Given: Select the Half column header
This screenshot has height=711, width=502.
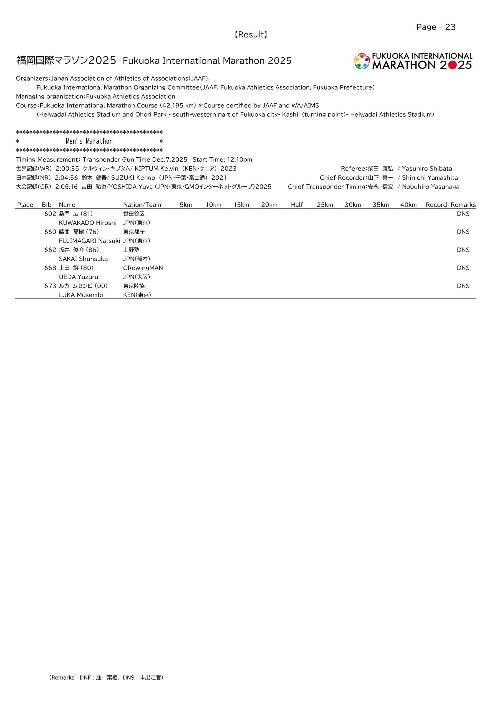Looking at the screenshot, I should coord(297,205).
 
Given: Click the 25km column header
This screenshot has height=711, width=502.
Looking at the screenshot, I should coord(325,205).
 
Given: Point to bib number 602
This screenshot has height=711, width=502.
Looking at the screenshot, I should coord(50,214).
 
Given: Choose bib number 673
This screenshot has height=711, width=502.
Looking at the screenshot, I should coord(50,286).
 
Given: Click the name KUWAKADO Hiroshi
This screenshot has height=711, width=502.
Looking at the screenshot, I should coord(88,223).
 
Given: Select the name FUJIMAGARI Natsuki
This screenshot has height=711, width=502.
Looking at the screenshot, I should coord(89,241).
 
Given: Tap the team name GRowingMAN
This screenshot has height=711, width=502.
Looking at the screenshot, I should coord(143,268).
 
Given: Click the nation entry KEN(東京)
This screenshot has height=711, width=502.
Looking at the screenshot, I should coord(137,295).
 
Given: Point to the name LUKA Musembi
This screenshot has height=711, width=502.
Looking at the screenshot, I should coord(81,295).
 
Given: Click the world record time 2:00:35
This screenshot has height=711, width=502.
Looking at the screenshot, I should coord(67,169).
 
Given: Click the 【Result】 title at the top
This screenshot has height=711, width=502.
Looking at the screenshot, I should coord(251,35).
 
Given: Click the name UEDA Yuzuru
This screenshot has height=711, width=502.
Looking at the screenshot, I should coord(78,277).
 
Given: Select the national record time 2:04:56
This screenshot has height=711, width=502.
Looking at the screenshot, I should coord(66,178).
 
